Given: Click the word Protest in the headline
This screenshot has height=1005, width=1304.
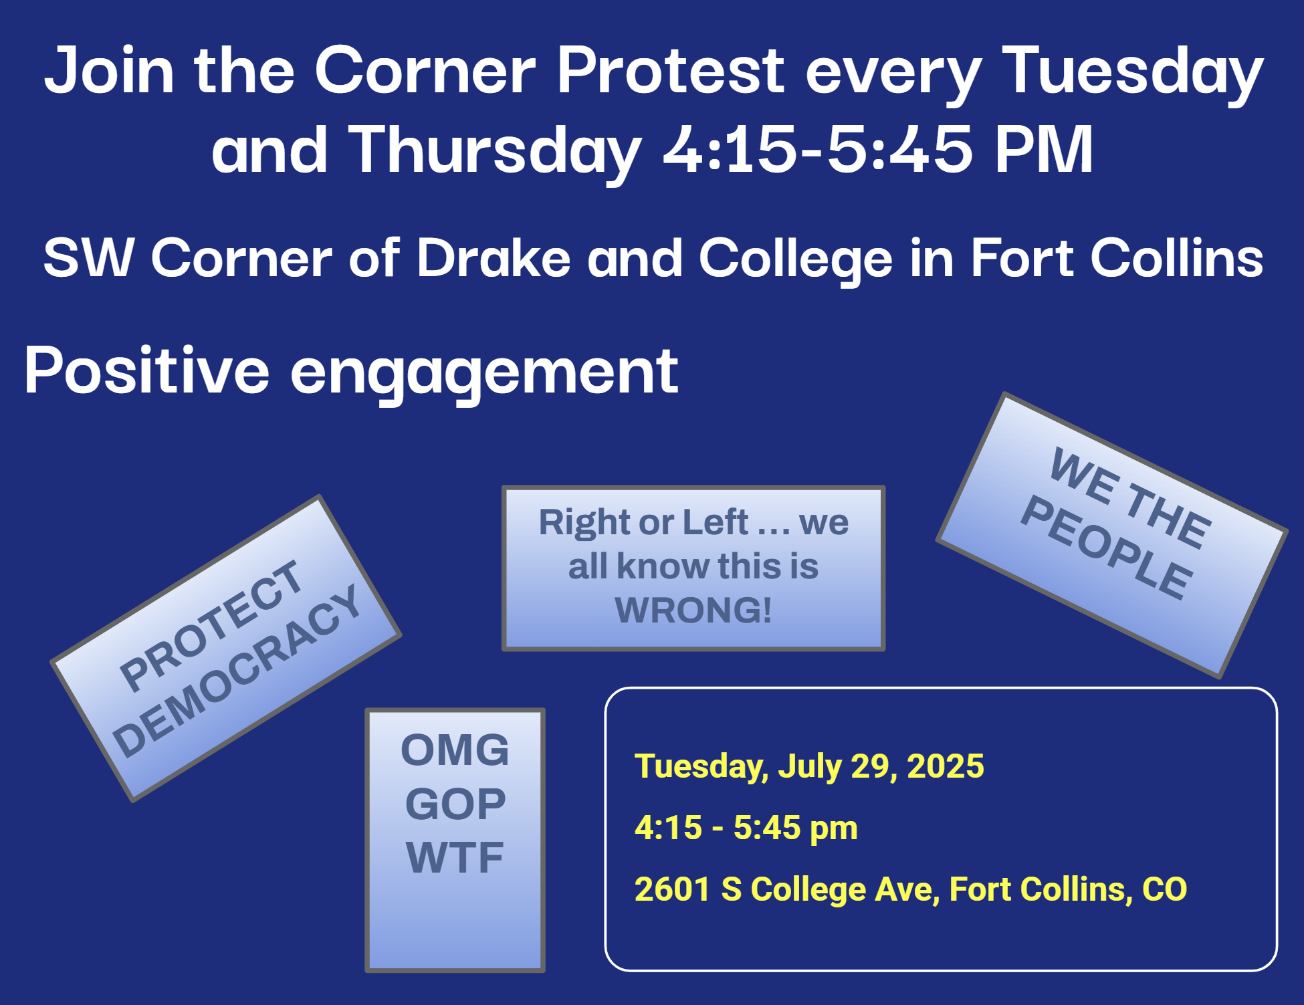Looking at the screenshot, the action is (x=671, y=70).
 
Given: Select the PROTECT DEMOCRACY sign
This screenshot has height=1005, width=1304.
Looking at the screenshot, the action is (x=226, y=648).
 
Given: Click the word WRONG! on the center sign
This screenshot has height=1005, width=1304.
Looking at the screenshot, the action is (x=693, y=610).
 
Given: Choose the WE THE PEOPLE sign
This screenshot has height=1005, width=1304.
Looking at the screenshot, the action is (x=1112, y=535).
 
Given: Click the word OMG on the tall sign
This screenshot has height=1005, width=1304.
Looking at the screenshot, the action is (x=455, y=750).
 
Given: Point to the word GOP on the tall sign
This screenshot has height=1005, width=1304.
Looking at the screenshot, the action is (x=455, y=804).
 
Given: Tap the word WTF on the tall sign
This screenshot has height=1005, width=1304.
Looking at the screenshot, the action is (x=455, y=857).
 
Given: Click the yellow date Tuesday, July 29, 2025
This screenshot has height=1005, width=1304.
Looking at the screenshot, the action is (x=809, y=766).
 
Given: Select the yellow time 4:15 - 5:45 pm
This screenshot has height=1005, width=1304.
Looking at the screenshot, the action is (x=746, y=828).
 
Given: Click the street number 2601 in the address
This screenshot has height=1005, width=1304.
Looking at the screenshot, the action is (x=672, y=889).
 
